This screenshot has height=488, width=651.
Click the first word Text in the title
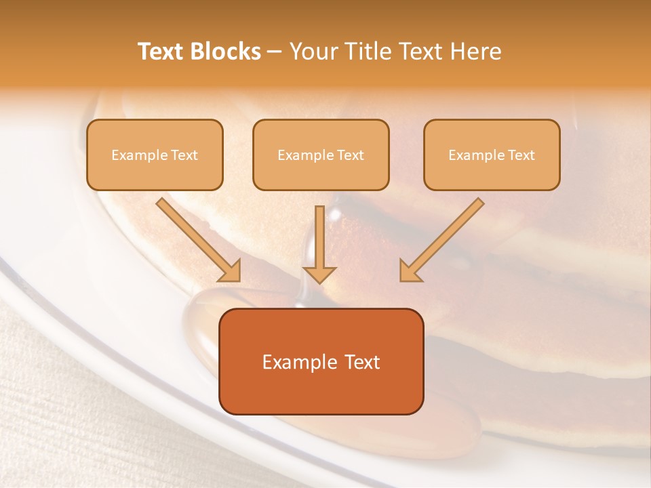tap(162, 52)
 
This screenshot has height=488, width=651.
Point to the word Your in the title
tap(313, 52)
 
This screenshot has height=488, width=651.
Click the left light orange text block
tap(155, 155)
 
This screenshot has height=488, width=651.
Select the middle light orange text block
tap(321, 155)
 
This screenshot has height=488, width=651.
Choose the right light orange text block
tap(492, 155)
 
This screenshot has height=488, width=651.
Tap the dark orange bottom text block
tap(321, 361)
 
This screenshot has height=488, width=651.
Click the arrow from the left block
tap(197, 239)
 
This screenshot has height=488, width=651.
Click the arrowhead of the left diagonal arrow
tap(231, 272)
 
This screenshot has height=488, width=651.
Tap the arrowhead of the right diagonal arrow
tap(409, 272)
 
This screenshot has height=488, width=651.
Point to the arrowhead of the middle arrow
tap(319, 274)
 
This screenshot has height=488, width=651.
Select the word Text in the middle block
tap(350, 155)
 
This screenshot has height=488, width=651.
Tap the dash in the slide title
tap(275, 52)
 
